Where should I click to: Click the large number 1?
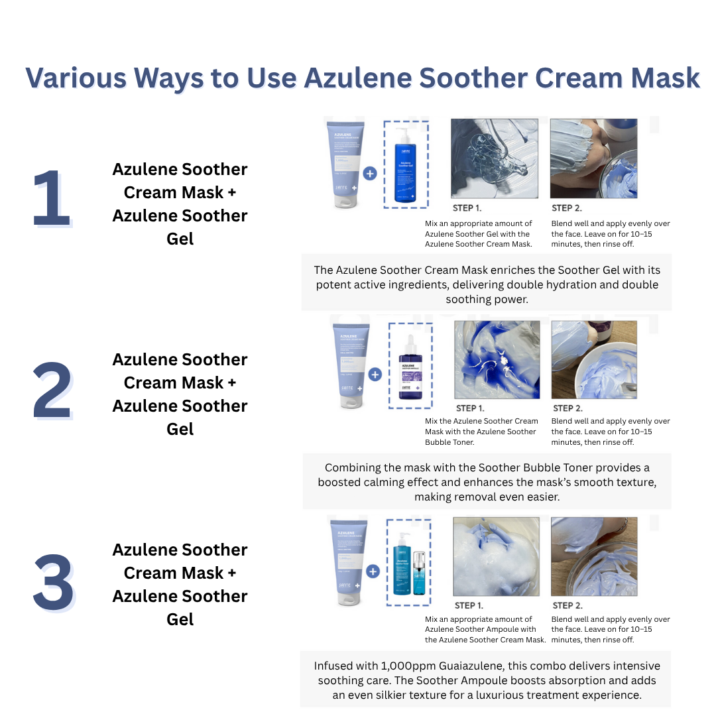pyautogui.click(x=50, y=199)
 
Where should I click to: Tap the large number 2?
pyautogui.click(x=52, y=391)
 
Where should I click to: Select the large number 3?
pyautogui.click(x=53, y=583)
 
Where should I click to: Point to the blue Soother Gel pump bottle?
pyautogui.click(x=405, y=164)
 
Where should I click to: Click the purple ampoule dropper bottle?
pyautogui.click(x=410, y=375)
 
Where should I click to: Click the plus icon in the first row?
pyautogui.click(x=370, y=174)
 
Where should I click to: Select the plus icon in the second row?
pyautogui.click(x=375, y=374)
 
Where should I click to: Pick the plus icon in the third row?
pyautogui.click(x=373, y=571)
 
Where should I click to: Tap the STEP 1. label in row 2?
pyautogui.click(x=470, y=408)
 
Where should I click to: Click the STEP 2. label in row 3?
pyautogui.click(x=567, y=605)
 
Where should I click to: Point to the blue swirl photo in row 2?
pyautogui.click(x=497, y=359)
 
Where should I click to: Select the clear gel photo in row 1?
pyautogui.click(x=495, y=158)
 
